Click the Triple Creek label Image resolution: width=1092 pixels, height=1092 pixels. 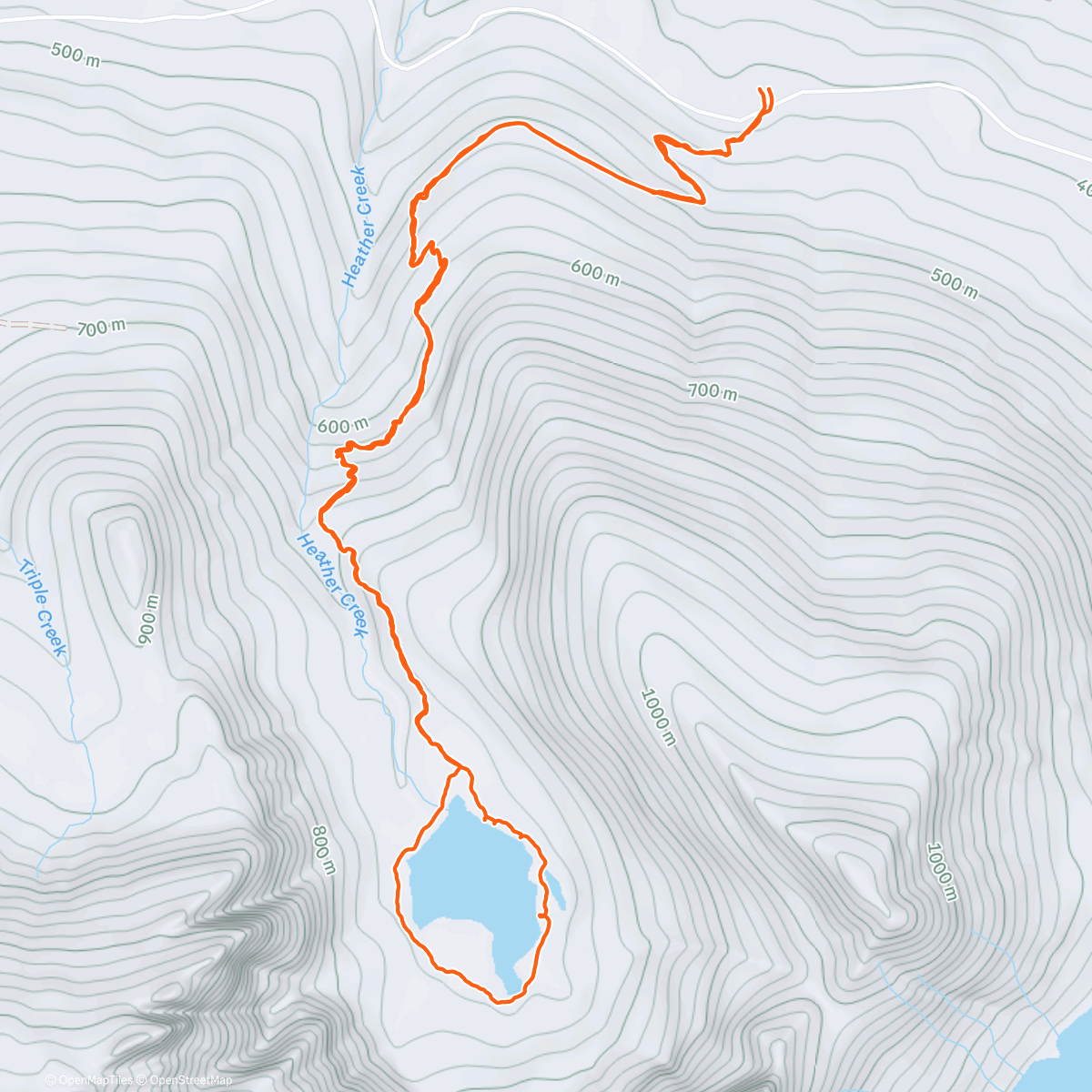[42, 608]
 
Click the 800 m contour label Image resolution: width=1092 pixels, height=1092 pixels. [324, 850]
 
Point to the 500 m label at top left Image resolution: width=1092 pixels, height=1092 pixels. [76, 55]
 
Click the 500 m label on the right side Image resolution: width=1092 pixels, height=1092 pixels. [954, 284]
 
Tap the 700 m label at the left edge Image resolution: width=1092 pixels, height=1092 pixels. [100, 329]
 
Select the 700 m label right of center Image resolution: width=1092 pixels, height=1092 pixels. [712, 391]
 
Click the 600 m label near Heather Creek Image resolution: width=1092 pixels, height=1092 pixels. [343, 426]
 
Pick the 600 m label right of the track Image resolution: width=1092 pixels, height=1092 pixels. [595, 272]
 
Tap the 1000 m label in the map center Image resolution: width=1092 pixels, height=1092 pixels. [658, 717]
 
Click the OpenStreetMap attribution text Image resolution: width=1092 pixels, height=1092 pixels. [190, 1080]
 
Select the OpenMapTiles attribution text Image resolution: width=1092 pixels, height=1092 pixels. [95, 1080]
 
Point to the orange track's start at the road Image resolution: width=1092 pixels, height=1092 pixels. [764, 90]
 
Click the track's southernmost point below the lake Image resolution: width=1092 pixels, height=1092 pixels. [500, 1001]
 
